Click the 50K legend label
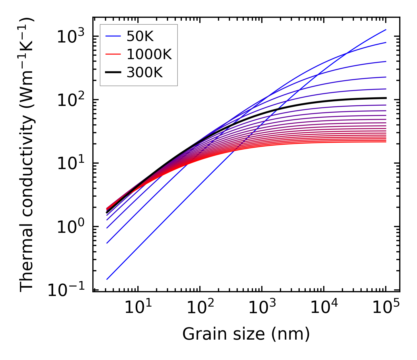tap(140, 36)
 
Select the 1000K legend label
tap(149, 55)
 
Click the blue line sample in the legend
tap(114, 36)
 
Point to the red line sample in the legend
tap(114, 55)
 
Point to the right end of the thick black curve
tap(386, 98)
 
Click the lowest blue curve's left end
tap(107, 279)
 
